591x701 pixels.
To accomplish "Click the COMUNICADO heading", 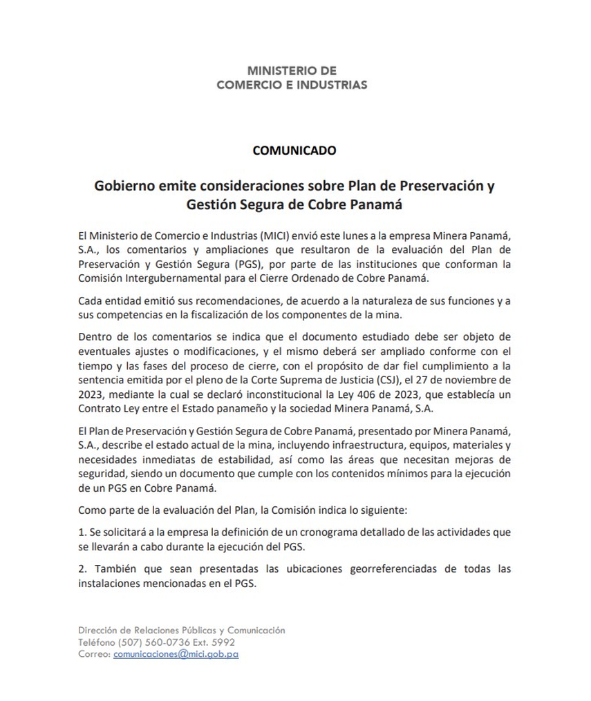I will click(294, 150).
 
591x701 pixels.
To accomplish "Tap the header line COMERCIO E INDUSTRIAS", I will click(292, 85).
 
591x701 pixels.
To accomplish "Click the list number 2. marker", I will click(83, 570).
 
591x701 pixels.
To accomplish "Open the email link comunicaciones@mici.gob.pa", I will click(176, 653).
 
